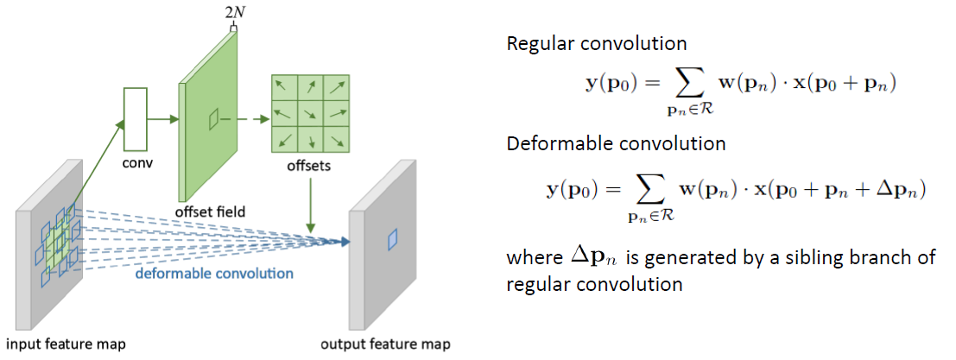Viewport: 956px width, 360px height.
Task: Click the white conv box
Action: tap(136, 117)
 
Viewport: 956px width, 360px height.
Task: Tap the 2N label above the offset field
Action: tap(232, 12)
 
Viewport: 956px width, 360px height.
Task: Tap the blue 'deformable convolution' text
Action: tap(213, 274)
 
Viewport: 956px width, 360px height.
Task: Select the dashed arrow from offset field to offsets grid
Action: tap(245, 120)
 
